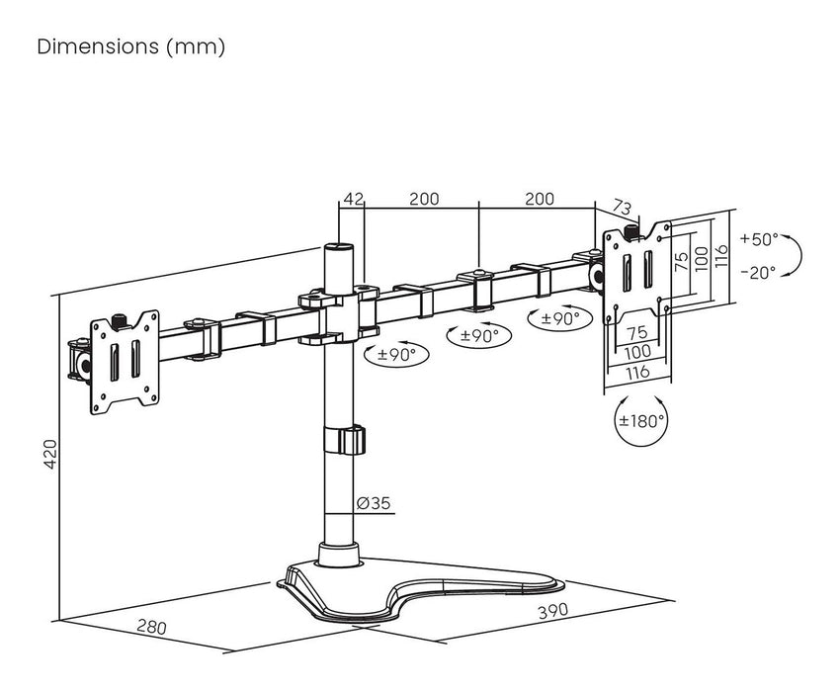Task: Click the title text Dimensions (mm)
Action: point(131,47)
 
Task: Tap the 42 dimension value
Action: point(352,199)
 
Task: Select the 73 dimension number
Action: point(622,207)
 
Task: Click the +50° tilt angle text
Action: point(758,239)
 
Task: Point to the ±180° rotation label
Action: point(641,420)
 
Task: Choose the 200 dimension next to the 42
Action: point(423,199)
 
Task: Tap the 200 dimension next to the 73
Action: point(539,199)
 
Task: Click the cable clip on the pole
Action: point(343,440)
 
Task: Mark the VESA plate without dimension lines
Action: point(124,360)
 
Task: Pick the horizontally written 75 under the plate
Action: point(636,332)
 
